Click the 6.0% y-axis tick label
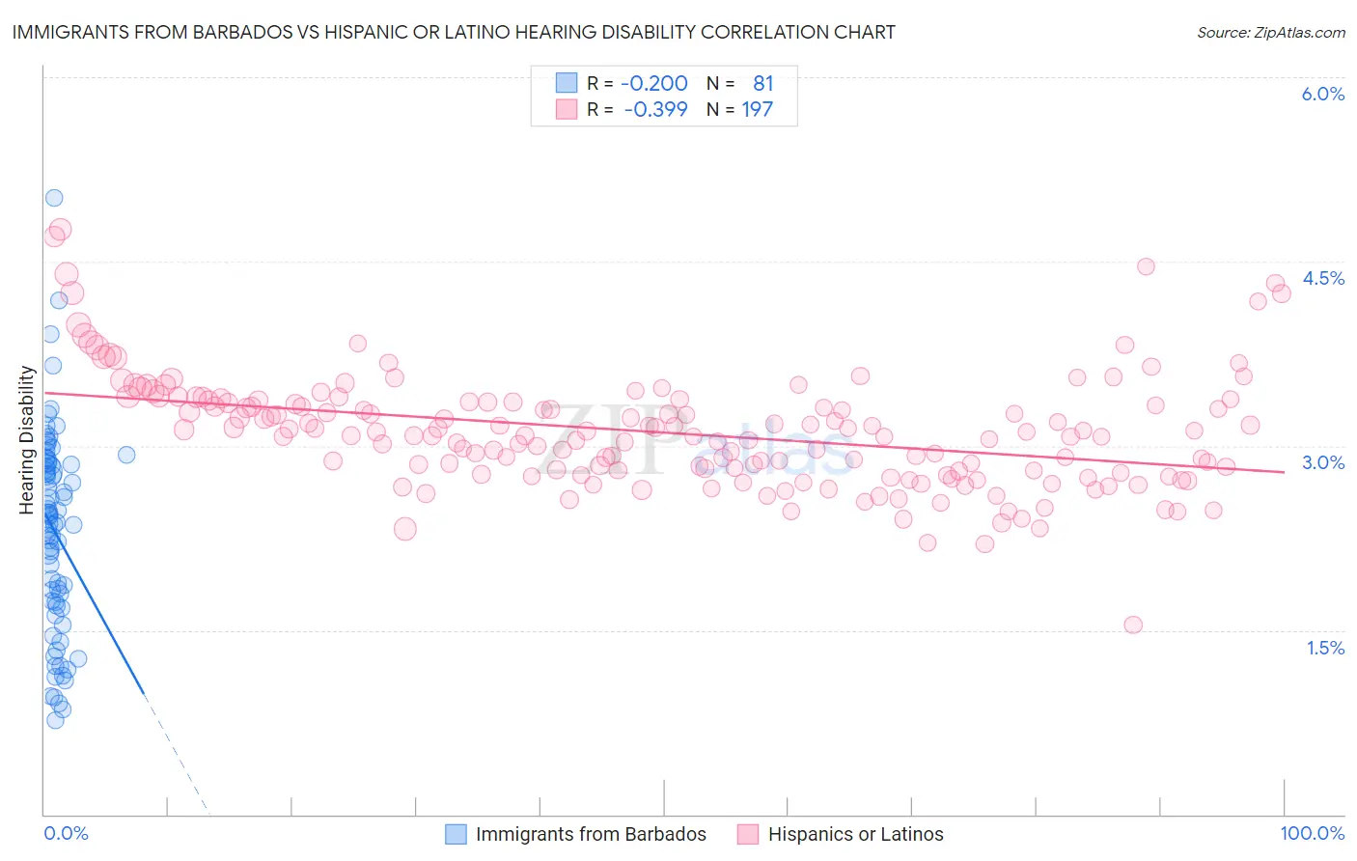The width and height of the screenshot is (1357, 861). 1322,94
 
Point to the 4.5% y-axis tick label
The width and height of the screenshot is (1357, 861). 1322,278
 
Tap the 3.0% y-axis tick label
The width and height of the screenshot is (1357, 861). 1322,462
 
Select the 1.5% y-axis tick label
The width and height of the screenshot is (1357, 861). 1325,648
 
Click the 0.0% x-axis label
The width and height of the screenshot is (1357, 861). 66,833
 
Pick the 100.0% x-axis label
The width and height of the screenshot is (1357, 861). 1312,833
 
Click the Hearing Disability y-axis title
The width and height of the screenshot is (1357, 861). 27,439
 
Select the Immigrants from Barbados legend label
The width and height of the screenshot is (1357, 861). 591,834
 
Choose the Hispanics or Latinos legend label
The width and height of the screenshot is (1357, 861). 855,834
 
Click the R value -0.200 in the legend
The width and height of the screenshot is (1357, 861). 654,84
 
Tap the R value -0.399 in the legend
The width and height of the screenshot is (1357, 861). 655,109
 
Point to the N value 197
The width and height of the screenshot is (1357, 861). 757,109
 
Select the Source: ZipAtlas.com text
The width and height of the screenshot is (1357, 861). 1270,32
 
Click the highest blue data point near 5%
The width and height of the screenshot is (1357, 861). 54,198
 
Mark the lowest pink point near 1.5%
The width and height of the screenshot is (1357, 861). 1133,625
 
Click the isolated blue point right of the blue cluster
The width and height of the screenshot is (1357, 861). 126,455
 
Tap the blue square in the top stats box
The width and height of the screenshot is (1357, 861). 566,84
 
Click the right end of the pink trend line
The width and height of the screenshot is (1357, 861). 1284,472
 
